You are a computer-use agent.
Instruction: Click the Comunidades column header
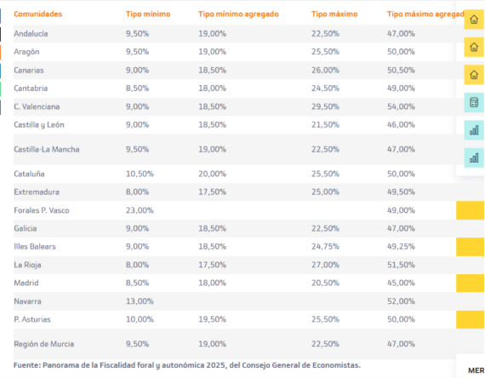pos(37,14)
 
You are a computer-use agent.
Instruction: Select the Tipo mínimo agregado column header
pos(238,14)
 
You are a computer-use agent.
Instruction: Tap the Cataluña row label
pos(29,174)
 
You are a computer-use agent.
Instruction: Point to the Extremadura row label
pos(37,192)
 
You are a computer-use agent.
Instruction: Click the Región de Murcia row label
pos(44,344)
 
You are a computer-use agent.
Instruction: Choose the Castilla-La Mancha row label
pos(47,149)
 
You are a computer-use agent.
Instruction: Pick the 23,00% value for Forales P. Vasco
pos(140,210)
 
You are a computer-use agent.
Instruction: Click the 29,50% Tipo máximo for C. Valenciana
pos(325,106)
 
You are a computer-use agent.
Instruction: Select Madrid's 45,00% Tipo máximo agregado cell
pos(401,283)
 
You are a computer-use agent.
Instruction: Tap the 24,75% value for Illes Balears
pos(325,246)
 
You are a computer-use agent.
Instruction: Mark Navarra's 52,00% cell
pos(401,301)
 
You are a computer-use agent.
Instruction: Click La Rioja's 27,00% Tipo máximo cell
pos(325,265)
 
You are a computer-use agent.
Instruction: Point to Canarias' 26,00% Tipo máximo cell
pos(325,71)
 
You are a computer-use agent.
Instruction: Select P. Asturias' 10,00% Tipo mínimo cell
pos(140,319)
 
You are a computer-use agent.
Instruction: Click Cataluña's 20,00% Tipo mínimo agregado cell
pos(212,174)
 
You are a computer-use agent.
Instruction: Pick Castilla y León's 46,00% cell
pos(401,125)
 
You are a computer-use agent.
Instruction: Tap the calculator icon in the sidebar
pos(474,102)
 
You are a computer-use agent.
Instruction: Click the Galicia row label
pos(26,228)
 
